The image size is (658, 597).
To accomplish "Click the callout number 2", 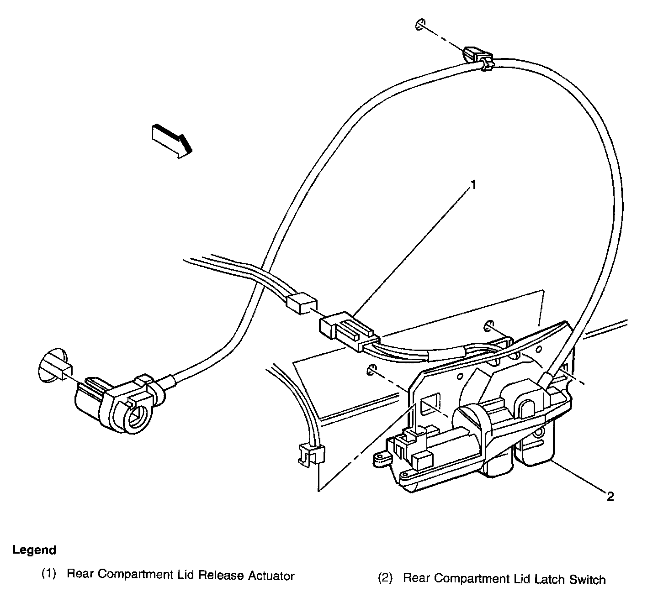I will point(610,497).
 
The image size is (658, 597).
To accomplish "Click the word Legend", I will point(34,550).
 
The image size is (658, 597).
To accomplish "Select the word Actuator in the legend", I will point(271,576).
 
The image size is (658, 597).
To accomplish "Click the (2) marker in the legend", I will point(385,579).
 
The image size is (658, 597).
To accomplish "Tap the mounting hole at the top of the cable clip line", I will point(420,25).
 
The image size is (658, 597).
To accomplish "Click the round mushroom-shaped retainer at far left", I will point(51,366).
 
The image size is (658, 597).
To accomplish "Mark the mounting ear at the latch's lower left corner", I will point(381,458).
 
